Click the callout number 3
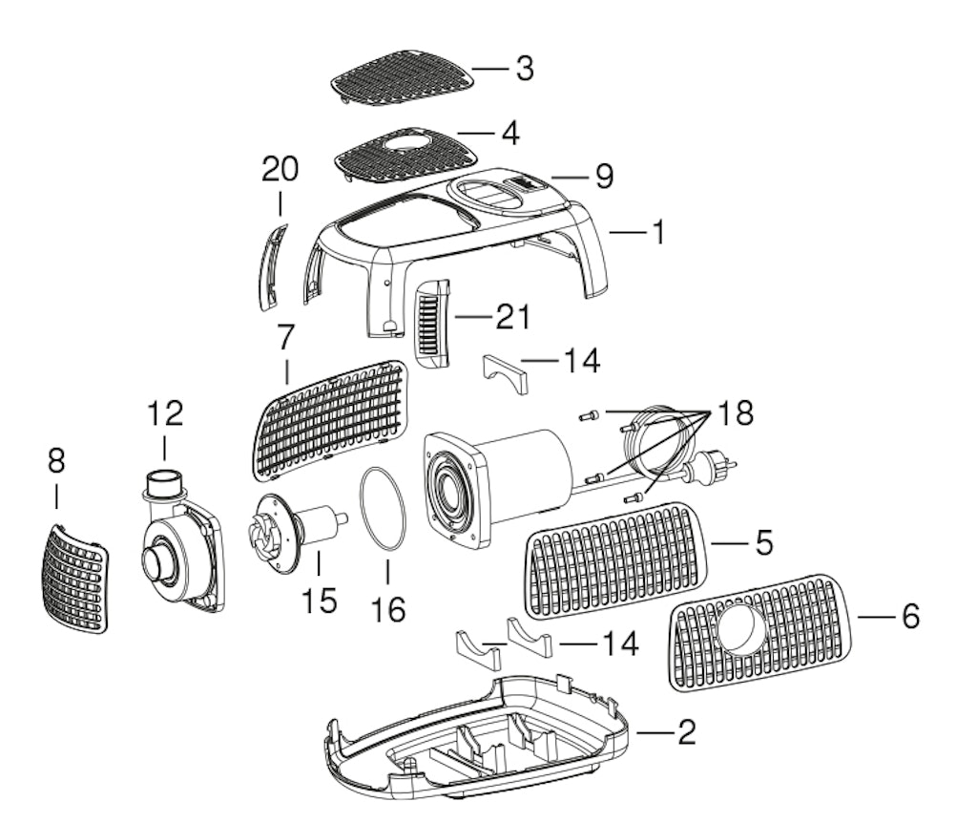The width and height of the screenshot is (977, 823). (x=525, y=68)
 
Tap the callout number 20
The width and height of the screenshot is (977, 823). (x=280, y=169)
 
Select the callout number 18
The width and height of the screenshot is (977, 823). (x=736, y=412)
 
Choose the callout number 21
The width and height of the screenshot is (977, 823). (x=512, y=317)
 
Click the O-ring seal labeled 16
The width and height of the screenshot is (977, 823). (x=382, y=509)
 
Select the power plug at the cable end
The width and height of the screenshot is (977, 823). (x=709, y=467)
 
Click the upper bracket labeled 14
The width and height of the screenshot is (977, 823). (x=506, y=373)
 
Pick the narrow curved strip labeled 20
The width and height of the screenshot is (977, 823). (x=272, y=268)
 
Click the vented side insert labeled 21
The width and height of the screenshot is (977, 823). (x=431, y=323)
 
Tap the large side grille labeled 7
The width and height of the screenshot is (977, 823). (x=331, y=421)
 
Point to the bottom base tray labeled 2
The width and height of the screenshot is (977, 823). (x=477, y=739)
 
